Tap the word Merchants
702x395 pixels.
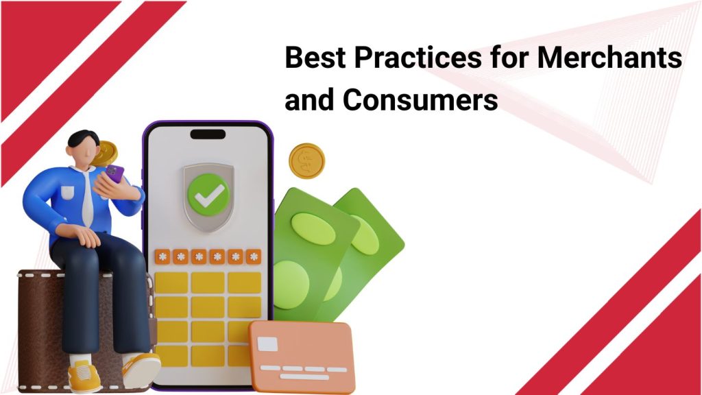point(609,58)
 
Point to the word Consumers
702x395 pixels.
point(420,101)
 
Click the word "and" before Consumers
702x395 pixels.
point(309,101)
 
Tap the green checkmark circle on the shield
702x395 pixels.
point(208,193)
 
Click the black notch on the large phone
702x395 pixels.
point(207,134)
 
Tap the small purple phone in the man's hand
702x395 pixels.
point(115,173)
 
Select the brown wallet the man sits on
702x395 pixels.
point(41,322)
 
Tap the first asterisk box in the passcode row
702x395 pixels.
point(163,256)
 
